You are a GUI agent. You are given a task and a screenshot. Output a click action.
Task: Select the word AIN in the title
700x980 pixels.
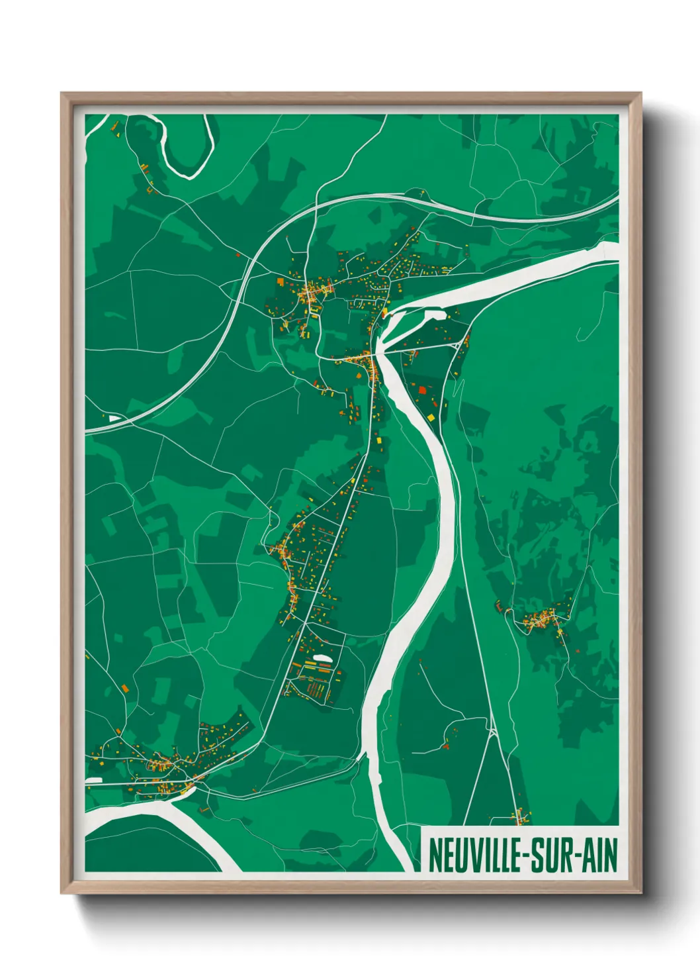(x=599, y=855)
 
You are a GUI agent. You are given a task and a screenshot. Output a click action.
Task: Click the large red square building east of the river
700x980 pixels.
(x=423, y=390)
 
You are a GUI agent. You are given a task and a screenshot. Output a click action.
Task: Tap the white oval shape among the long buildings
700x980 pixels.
(x=322, y=658)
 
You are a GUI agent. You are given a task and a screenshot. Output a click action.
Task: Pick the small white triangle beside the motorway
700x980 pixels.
(x=114, y=418)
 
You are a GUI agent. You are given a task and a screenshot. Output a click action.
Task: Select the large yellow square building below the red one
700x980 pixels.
(x=431, y=416)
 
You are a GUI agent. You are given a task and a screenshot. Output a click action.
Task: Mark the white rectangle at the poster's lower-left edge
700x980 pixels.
(x=94, y=780)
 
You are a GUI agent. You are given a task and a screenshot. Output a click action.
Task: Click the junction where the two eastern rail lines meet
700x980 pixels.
(x=493, y=731)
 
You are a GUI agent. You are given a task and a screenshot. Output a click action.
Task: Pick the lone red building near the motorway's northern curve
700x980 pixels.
(x=238, y=254)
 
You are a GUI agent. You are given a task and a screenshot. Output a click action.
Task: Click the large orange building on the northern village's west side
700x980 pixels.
(x=281, y=281)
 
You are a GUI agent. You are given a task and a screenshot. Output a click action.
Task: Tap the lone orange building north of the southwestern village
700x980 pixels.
(x=124, y=689)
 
